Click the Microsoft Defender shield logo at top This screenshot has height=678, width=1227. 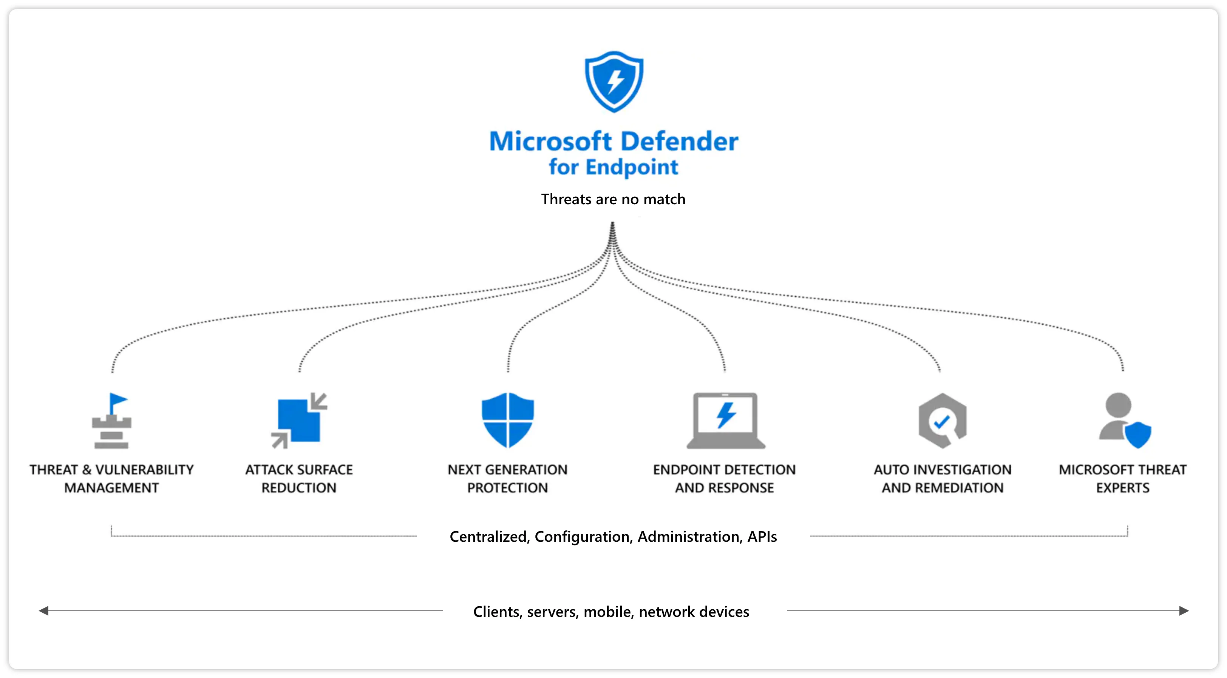point(614,82)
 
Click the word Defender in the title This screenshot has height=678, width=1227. point(679,142)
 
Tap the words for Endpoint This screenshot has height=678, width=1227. point(613,167)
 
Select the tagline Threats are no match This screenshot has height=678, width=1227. point(613,199)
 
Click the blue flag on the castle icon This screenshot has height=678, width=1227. point(117,401)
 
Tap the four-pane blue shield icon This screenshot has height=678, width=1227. point(508,420)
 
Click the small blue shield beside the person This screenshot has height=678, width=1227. point(1138,434)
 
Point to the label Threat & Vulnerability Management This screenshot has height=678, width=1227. point(111,479)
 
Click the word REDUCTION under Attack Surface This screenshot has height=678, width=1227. point(299,488)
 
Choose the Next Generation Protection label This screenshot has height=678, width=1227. point(507,479)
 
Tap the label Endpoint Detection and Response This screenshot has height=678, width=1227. point(724,479)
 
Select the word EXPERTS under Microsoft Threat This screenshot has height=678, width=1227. point(1122,488)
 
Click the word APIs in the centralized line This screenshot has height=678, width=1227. point(762,536)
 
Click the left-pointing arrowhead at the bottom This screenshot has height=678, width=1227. point(44,611)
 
